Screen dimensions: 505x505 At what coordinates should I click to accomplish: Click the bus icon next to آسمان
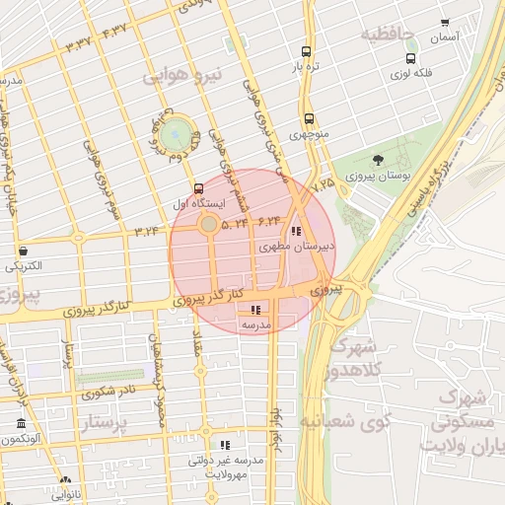(445, 22)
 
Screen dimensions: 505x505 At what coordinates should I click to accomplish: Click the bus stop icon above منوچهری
(310, 117)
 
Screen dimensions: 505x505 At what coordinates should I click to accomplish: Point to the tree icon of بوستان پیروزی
(378, 160)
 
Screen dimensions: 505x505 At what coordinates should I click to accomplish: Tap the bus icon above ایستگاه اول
(199, 187)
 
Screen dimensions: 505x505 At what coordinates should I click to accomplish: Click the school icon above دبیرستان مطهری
(298, 231)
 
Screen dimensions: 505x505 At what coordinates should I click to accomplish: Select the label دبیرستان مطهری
(298, 247)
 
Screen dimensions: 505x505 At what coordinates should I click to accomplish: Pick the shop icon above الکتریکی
(23, 251)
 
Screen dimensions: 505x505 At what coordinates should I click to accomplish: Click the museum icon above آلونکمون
(22, 424)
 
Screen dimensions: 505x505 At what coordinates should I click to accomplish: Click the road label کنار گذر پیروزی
(209, 296)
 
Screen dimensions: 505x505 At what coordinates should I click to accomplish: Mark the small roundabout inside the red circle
(209, 226)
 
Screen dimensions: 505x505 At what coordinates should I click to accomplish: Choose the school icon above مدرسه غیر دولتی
(225, 446)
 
